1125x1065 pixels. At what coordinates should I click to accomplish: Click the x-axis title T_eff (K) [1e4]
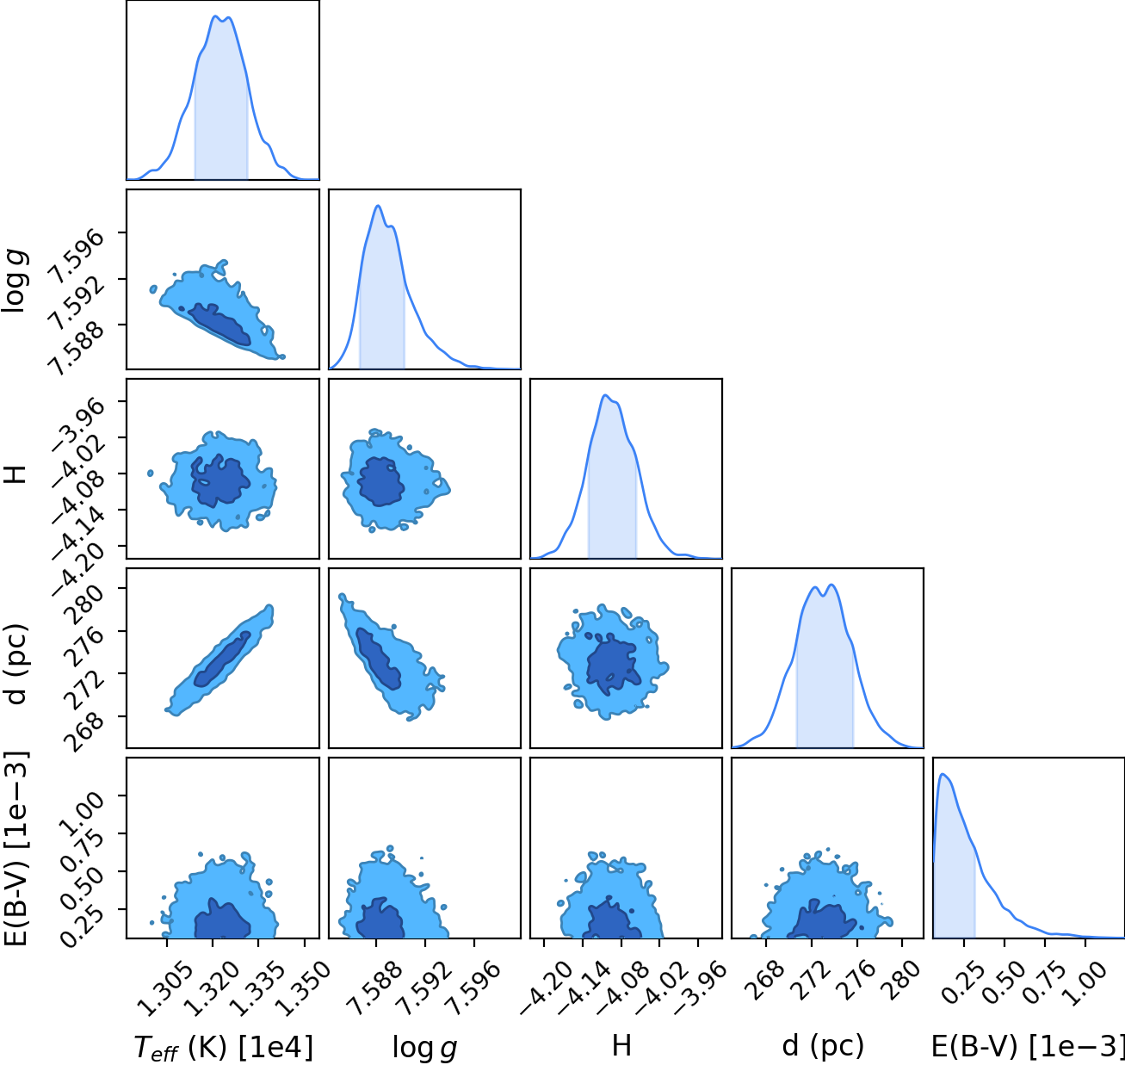(224, 1047)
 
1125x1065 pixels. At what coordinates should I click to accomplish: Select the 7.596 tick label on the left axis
(77, 257)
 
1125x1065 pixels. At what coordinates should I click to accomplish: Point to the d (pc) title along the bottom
(823, 1046)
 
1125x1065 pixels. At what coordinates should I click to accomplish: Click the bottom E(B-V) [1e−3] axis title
(1028, 1046)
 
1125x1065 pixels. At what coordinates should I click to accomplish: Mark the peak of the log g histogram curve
(378, 205)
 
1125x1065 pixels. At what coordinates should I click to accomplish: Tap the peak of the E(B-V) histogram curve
(943, 774)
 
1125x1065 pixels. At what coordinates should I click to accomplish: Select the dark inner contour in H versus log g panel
(381, 481)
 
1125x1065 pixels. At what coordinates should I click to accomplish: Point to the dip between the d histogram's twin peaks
(823, 596)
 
